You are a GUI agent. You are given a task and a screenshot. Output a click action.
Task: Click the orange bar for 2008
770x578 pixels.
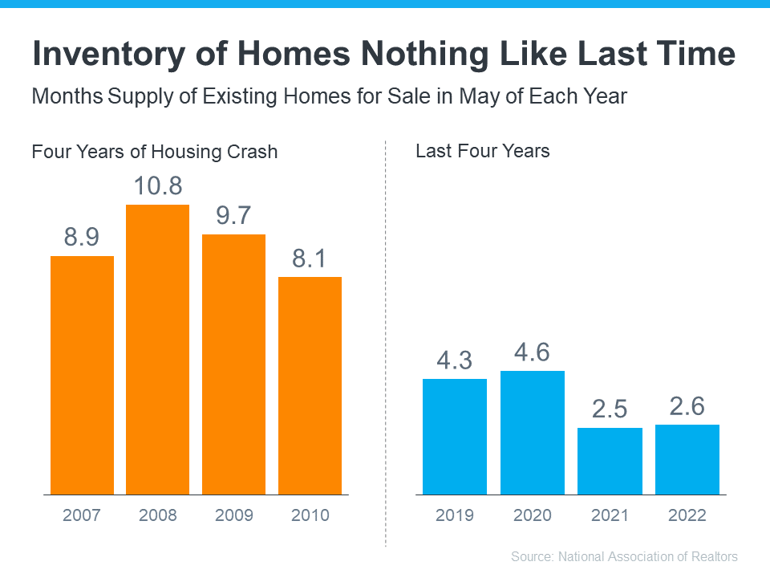click(157, 349)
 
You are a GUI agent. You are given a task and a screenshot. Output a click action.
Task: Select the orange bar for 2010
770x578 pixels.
click(310, 385)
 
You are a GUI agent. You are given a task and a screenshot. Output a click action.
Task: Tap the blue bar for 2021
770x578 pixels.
click(610, 461)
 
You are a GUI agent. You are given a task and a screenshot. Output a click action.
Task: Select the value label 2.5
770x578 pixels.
click(610, 409)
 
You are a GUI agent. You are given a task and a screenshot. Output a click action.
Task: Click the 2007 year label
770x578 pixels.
click(82, 515)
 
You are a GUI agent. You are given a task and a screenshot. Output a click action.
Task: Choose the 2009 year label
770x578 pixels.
click(233, 515)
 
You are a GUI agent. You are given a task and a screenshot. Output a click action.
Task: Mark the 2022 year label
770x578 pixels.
click(687, 515)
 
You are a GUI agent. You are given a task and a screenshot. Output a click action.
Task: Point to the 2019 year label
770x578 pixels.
click(454, 515)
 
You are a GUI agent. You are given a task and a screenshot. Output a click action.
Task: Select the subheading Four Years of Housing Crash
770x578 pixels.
click(154, 151)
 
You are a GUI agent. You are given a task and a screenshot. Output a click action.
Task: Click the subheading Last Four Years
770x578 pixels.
click(482, 151)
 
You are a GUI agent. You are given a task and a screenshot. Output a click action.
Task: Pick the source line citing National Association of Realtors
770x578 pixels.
click(624, 556)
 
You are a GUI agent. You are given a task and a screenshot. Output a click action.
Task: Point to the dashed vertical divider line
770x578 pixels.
click(386, 345)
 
